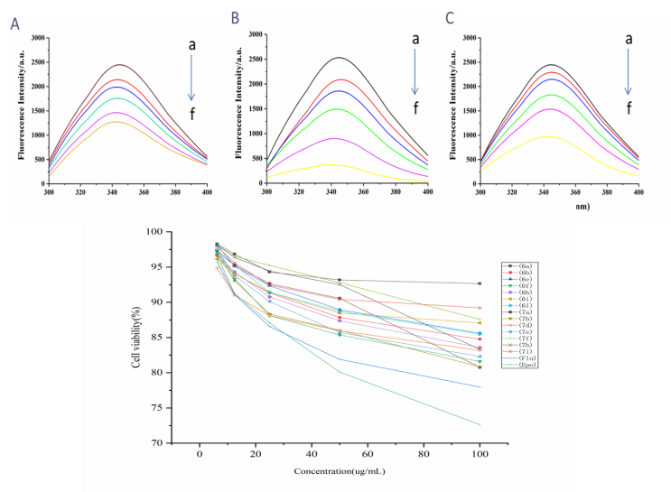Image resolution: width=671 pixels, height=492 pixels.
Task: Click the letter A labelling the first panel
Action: (x=14, y=23)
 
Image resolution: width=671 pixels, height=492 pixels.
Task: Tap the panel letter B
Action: (x=236, y=18)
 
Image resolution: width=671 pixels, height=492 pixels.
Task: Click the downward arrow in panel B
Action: (x=415, y=72)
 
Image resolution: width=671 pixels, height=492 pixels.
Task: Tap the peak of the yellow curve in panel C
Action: (x=547, y=136)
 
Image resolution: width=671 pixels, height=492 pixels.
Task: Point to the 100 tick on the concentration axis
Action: (x=479, y=453)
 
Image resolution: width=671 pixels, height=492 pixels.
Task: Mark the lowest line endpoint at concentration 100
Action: (x=480, y=425)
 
